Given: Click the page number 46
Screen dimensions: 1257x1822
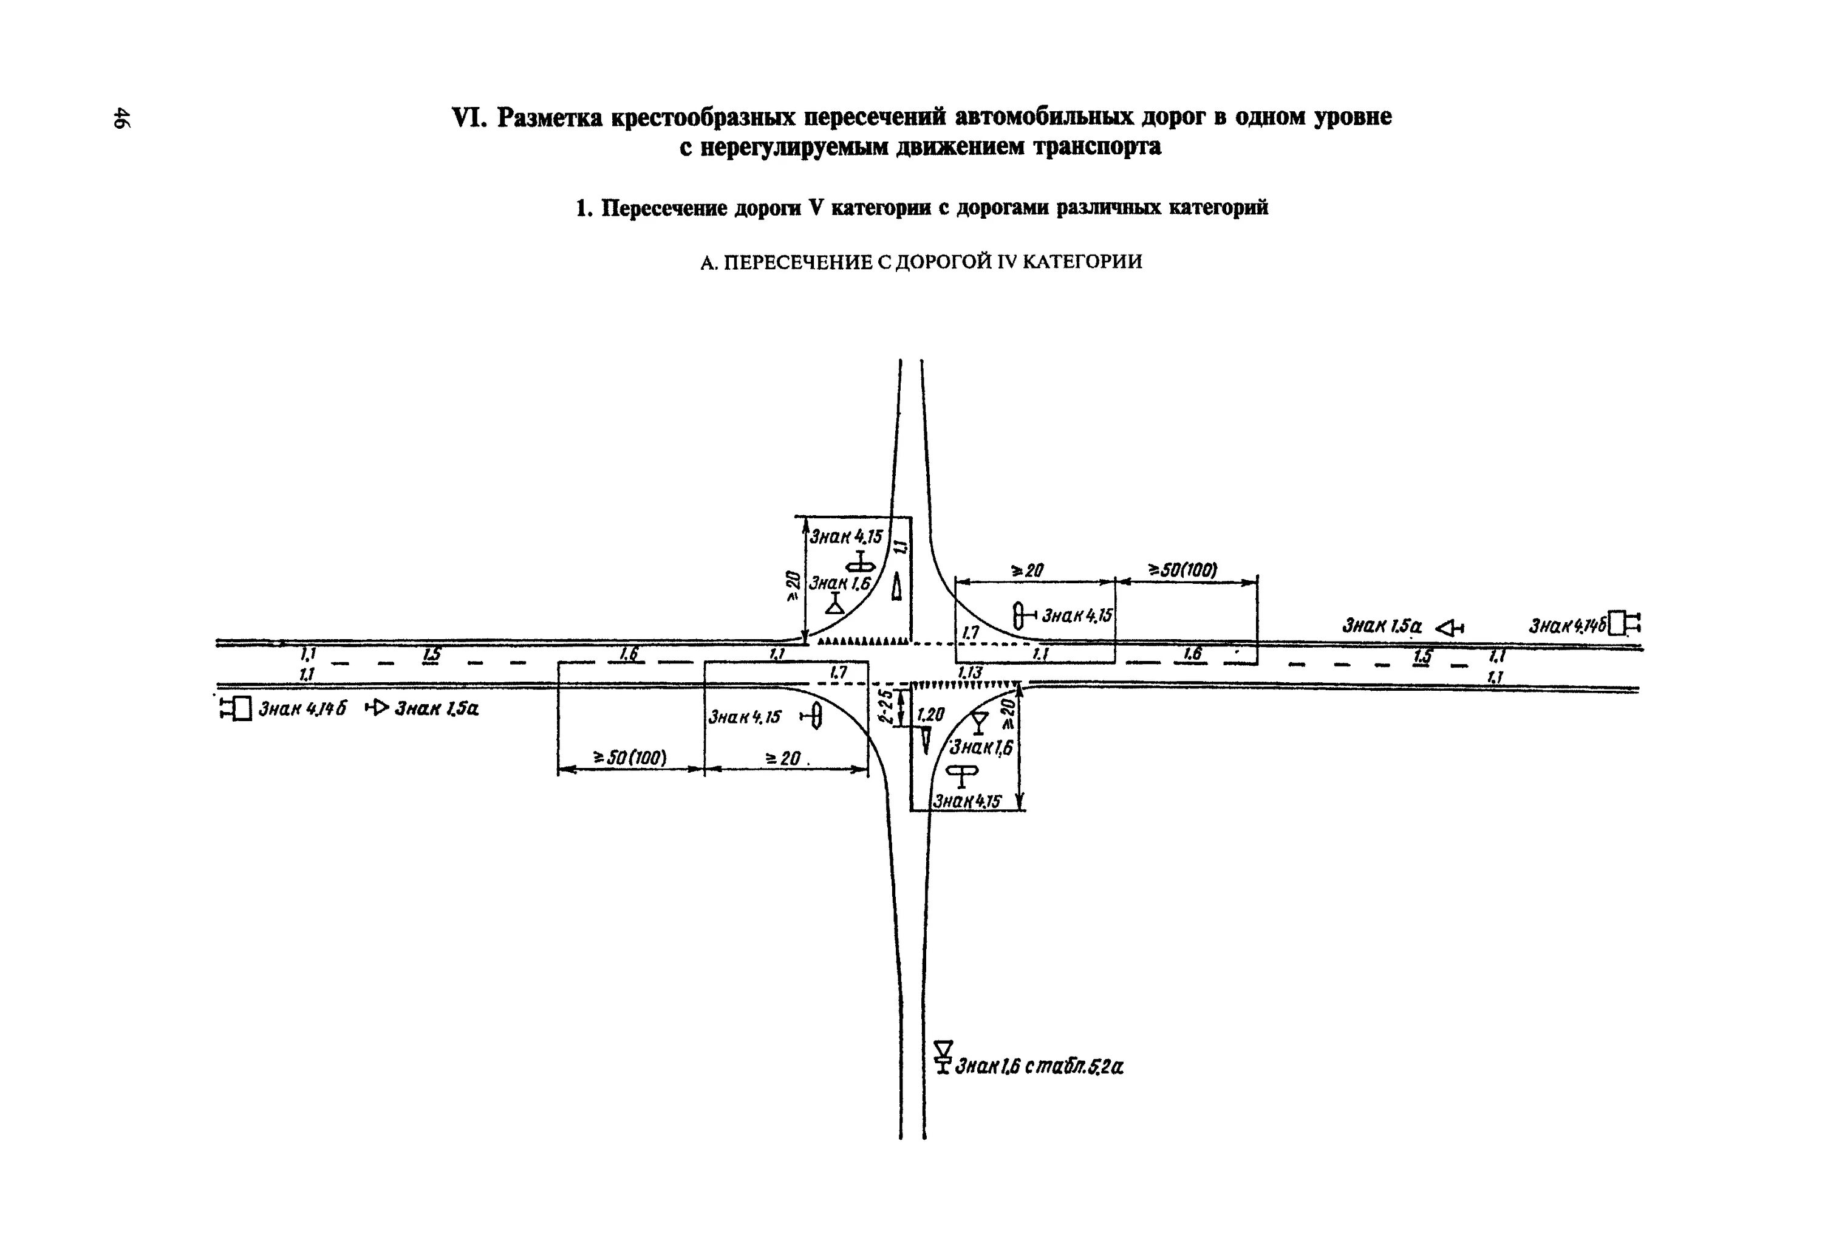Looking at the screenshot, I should click(122, 117).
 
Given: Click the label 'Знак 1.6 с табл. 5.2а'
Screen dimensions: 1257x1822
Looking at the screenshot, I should click(1039, 1067).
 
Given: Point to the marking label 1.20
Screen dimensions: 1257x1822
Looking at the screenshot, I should click(930, 714).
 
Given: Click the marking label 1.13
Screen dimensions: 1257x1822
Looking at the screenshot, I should click(970, 673).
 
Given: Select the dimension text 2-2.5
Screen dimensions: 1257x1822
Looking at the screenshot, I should click(887, 707).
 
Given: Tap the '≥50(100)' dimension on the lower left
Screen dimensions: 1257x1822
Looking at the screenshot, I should click(630, 758).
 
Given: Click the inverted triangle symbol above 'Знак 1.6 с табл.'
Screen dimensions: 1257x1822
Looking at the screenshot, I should click(943, 1049).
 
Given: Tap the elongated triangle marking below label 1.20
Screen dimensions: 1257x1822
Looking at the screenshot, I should click(926, 741).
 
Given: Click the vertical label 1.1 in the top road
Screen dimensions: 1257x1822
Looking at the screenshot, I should click(901, 544).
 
